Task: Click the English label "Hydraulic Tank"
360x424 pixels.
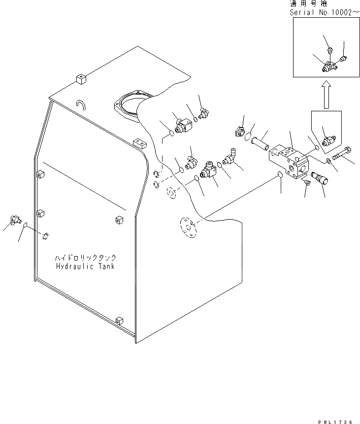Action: [x=85, y=266]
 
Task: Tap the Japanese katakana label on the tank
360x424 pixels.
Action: [x=85, y=258]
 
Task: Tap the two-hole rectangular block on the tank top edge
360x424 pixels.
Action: [x=141, y=143]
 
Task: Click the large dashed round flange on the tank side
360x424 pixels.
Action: [x=187, y=228]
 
